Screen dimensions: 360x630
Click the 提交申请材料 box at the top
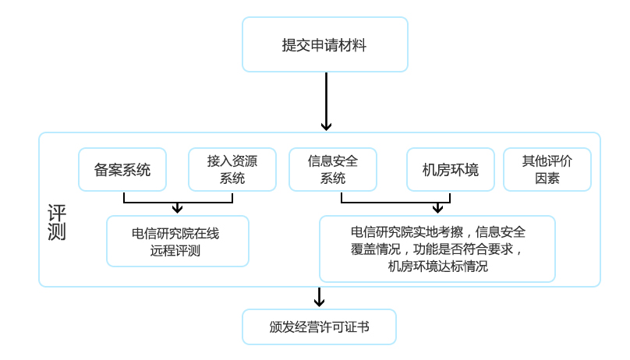pos(324,44)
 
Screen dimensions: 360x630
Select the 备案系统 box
pos(122,169)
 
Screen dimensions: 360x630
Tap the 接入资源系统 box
pos(232,169)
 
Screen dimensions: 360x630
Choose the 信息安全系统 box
pos(333,169)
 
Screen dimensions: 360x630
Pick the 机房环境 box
pos(450,169)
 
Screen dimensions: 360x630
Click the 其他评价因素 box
pos(547,169)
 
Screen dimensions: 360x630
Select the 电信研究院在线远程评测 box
pos(177,241)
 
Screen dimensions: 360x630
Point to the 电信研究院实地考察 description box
pos(437,249)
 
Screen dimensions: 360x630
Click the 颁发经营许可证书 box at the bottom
pos(319,327)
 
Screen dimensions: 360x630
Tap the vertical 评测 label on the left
pos(57,223)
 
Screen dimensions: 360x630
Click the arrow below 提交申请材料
pos(326,102)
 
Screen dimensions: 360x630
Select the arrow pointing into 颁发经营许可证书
pos(319,298)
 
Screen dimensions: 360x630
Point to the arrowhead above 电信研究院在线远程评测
pos(178,208)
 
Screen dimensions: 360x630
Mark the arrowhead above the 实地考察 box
pos(437,208)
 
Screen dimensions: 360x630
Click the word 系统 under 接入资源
pos(232,178)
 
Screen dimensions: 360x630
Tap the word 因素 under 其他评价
pos(547,178)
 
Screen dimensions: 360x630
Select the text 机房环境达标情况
pos(437,266)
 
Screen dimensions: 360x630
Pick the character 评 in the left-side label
pos(57,213)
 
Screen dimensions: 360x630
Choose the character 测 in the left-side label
pos(57,233)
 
